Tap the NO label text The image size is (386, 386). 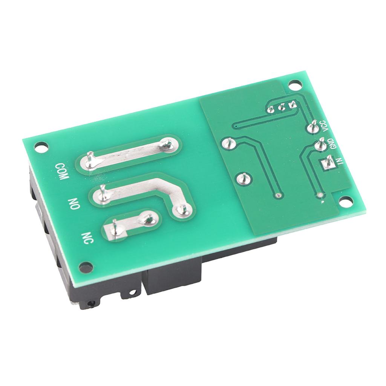click(x=74, y=204)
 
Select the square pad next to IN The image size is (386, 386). click(x=326, y=164)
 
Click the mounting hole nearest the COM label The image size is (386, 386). click(x=41, y=146)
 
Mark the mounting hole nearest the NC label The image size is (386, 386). click(x=86, y=267)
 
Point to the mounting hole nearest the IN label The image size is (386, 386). click(x=344, y=202)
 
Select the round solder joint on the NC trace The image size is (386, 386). click(x=148, y=218)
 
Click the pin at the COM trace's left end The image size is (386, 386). click(x=90, y=160)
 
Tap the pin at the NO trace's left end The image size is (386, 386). click(x=102, y=193)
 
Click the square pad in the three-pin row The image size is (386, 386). click(x=291, y=105)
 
